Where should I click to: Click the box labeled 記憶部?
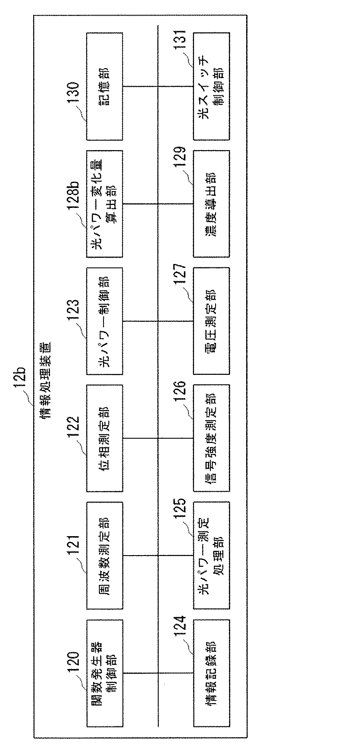pyautogui.click(x=105, y=86)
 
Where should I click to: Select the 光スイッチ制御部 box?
pyautogui.click(x=211, y=86)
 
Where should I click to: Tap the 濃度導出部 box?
pyautogui.click(x=211, y=204)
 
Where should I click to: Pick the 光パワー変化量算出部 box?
pyautogui.click(x=105, y=204)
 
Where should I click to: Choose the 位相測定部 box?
pyautogui.click(x=105, y=439)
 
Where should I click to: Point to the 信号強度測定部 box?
pyautogui.click(x=211, y=439)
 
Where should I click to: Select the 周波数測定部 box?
pyautogui.click(x=105, y=556)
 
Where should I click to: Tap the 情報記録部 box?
pyautogui.click(x=211, y=673)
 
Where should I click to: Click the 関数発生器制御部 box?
pyautogui.click(x=105, y=673)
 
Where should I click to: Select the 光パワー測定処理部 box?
pyautogui.click(x=211, y=556)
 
